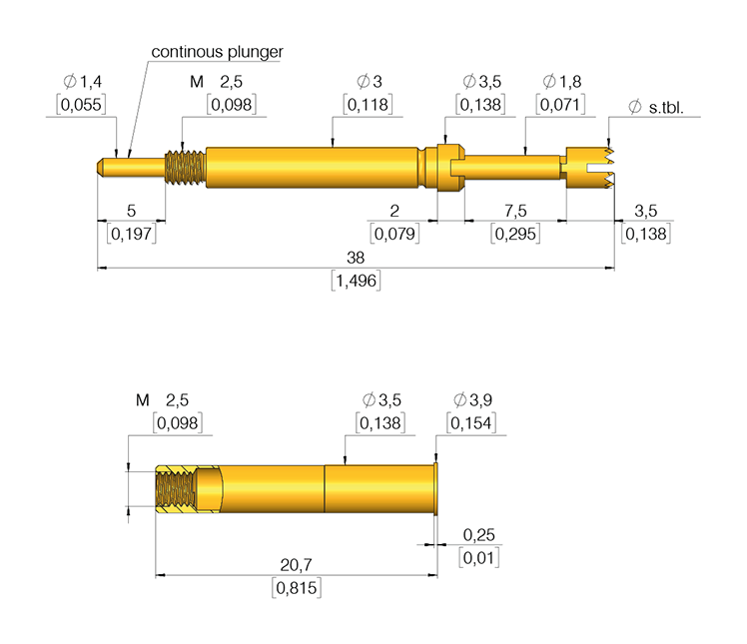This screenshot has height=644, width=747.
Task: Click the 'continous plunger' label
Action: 217,51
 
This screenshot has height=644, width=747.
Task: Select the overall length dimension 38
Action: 356,258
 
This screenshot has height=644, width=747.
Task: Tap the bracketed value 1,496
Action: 356,281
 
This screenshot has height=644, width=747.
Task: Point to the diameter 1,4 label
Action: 82,81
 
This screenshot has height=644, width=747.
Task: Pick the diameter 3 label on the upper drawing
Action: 369,81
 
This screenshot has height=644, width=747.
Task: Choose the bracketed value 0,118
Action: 369,104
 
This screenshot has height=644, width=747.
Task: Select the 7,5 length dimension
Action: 515,210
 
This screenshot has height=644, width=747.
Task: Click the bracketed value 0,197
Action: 131,234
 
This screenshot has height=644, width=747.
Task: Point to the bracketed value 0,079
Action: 394,234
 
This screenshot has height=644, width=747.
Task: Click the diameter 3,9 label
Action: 472,400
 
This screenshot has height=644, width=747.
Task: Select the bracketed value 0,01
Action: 479,557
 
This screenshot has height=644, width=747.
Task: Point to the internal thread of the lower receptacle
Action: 176,488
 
